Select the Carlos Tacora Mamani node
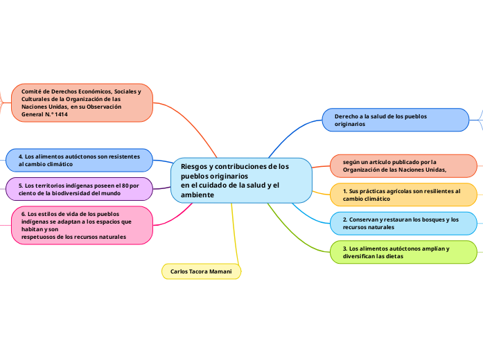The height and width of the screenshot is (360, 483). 201,271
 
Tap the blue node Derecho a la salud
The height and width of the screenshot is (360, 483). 396,120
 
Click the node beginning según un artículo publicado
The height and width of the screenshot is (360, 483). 402,165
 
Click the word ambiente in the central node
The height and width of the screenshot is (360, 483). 197,195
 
